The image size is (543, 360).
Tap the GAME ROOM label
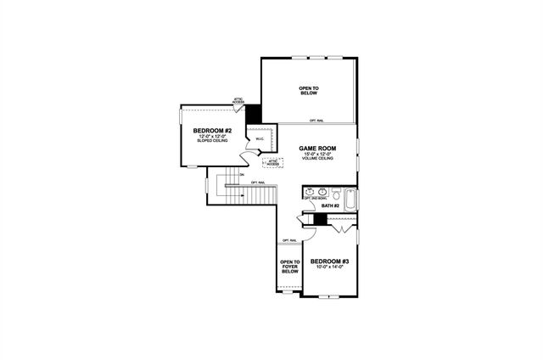(x=317, y=148)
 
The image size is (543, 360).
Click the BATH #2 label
(x=330, y=205)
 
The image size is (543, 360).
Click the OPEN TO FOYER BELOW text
(x=290, y=267)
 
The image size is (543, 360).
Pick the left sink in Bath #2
(x=311, y=193)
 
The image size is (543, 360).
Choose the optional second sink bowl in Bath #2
(x=323, y=193)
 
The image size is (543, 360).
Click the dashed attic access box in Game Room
(x=273, y=163)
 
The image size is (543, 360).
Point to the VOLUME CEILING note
(x=317, y=160)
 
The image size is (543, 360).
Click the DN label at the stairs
(x=243, y=175)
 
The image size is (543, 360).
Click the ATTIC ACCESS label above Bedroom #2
(x=239, y=100)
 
